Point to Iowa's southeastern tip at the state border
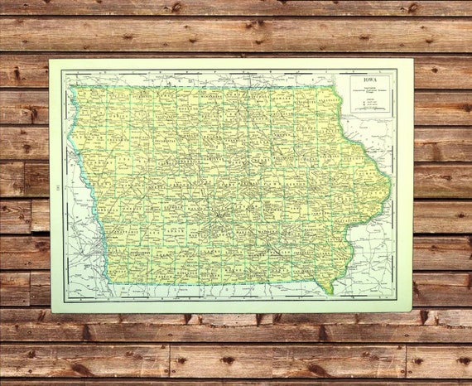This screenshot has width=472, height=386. coord(329,291)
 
